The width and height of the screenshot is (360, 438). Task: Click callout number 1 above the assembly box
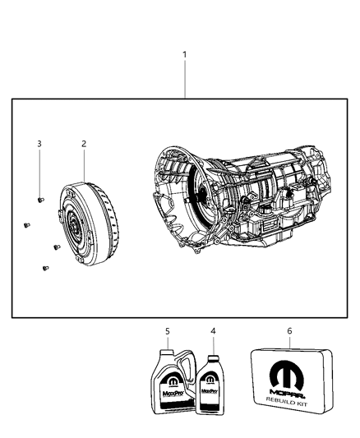185,55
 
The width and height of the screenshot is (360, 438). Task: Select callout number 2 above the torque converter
84,144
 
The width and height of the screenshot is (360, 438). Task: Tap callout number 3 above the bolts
39,144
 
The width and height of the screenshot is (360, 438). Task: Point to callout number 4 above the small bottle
213,331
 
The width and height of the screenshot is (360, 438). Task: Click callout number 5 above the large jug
167,331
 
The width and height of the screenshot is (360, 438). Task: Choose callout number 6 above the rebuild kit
288,331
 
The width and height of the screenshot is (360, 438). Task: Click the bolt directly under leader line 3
40,199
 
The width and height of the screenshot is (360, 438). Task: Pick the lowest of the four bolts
43,265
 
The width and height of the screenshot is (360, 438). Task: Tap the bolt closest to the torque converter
56,246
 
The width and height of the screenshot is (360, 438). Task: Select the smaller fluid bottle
211,385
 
